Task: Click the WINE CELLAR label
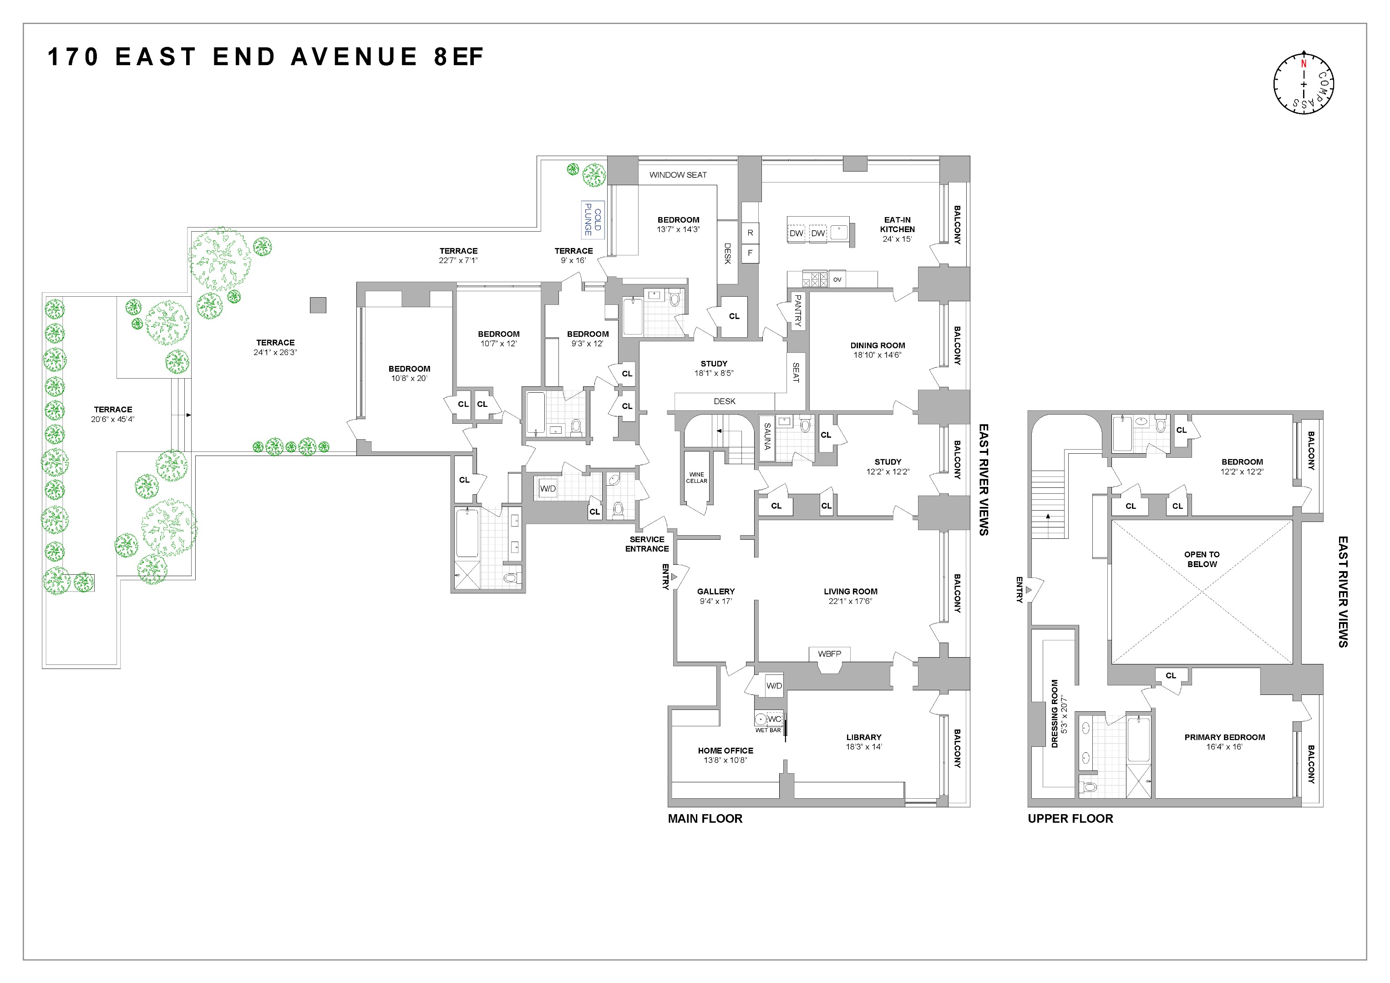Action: (696, 477)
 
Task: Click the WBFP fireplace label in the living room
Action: (829, 654)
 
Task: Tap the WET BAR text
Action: (768, 730)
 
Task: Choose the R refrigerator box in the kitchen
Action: (750, 233)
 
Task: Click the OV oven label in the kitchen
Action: (837, 279)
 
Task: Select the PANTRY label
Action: (797, 310)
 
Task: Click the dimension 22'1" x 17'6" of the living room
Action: (850, 601)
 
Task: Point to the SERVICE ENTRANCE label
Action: (647, 543)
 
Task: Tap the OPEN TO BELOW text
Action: (1202, 559)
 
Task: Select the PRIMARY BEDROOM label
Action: (1224, 737)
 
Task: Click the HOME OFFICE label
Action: (725, 750)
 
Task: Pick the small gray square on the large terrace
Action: (318, 305)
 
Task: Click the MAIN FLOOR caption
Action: (705, 818)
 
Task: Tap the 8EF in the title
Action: (458, 57)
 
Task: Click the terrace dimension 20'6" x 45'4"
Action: (112, 419)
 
